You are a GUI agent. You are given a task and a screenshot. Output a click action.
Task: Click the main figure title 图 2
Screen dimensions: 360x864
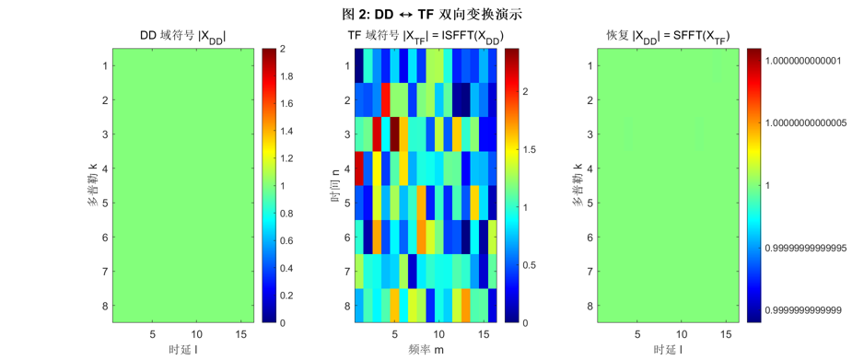(432, 14)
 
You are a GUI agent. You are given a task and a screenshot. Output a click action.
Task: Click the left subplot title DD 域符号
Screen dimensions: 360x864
(182, 36)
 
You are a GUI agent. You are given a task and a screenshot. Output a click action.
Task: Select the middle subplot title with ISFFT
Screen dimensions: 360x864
(425, 36)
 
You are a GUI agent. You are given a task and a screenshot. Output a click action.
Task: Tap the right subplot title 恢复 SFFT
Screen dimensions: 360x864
(667, 36)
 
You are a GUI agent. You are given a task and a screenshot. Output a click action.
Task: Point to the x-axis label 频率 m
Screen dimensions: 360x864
(425, 351)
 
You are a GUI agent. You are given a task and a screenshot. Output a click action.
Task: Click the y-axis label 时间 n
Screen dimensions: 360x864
(337, 185)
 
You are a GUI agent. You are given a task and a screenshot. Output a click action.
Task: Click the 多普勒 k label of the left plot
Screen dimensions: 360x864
(93, 185)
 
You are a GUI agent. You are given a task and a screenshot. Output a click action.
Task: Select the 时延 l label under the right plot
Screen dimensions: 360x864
(666, 351)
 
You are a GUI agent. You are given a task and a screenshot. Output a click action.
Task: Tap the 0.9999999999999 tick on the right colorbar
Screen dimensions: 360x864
(807, 310)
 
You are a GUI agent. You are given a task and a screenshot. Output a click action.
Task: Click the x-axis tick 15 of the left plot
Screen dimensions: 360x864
(238, 333)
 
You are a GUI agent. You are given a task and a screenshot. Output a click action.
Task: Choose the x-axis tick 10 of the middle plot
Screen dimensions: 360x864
(438, 333)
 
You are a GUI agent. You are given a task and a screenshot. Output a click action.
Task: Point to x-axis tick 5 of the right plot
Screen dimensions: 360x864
(635, 333)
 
